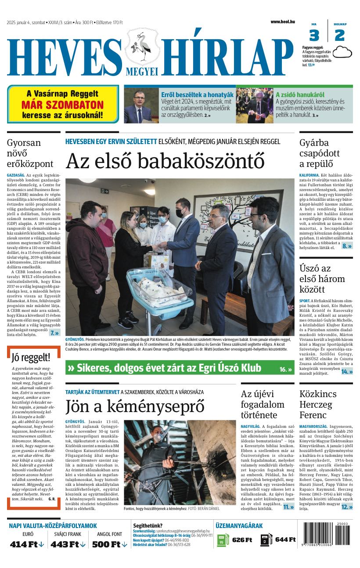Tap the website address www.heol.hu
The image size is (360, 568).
coord(282,22)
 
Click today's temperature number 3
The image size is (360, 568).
coord(314,36)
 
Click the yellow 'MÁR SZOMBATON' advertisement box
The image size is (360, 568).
coord(63,105)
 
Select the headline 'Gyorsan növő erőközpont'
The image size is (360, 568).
coord(30,153)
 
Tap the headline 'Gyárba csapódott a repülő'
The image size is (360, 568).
coord(320,153)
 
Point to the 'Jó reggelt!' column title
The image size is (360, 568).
coord(31,357)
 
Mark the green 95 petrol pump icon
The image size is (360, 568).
coord(223,540)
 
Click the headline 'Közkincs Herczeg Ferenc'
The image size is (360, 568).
coord(318,404)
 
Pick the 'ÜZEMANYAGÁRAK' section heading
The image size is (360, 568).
coord(239,525)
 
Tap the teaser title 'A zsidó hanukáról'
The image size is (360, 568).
coord(300,94)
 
